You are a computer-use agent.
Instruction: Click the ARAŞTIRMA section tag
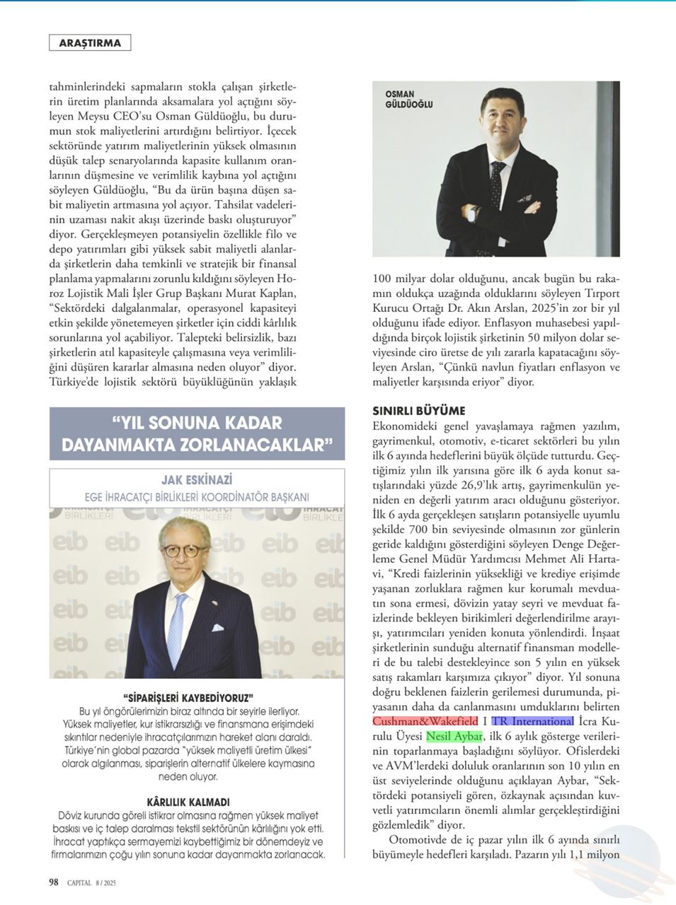click(90, 43)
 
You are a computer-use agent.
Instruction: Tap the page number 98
click(54, 882)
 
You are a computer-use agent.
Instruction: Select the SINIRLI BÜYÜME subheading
click(419, 411)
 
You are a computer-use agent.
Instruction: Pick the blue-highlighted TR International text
click(532, 722)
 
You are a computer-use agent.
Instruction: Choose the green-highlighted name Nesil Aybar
click(454, 737)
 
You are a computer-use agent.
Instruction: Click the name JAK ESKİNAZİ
click(197, 480)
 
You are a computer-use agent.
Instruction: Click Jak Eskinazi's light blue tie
click(177, 629)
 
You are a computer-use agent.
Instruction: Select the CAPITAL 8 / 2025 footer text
click(91, 882)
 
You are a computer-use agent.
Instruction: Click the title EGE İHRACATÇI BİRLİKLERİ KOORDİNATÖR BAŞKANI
click(197, 497)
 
